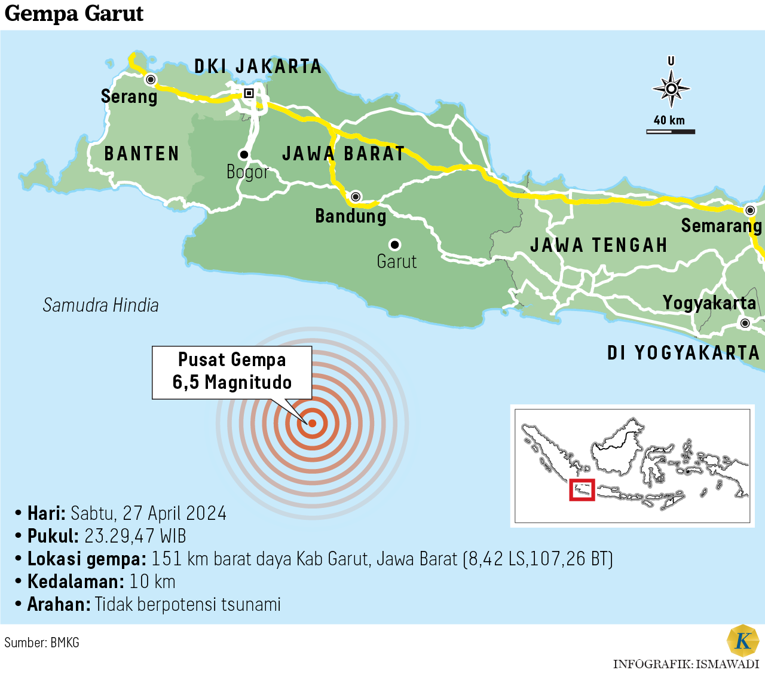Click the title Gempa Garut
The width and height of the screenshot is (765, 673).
click(x=74, y=13)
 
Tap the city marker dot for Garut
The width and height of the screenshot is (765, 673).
click(x=394, y=245)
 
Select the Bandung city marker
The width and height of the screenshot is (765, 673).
click(x=356, y=196)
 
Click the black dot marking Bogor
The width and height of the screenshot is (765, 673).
click(x=244, y=154)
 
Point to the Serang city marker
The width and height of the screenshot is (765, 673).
click(x=151, y=80)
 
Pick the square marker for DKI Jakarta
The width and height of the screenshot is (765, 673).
click(x=249, y=93)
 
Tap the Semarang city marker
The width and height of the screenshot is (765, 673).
click(x=750, y=210)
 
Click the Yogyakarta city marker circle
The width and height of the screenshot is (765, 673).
click(x=745, y=323)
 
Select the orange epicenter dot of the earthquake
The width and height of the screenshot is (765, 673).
click(x=312, y=424)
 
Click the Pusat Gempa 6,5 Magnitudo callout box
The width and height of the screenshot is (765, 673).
click(x=232, y=371)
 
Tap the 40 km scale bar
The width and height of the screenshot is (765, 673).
click(x=671, y=131)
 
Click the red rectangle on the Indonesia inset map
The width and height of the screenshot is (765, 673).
click(x=582, y=490)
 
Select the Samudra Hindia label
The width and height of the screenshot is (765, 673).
click(x=100, y=305)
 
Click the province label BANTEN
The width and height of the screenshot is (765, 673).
click(x=142, y=154)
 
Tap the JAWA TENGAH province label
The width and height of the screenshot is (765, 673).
click(x=599, y=245)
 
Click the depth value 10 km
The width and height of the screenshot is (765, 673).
click(x=152, y=581)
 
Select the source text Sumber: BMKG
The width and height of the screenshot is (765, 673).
click(x=42, y=642)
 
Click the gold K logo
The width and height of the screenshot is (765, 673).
click(x=743, y=641)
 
